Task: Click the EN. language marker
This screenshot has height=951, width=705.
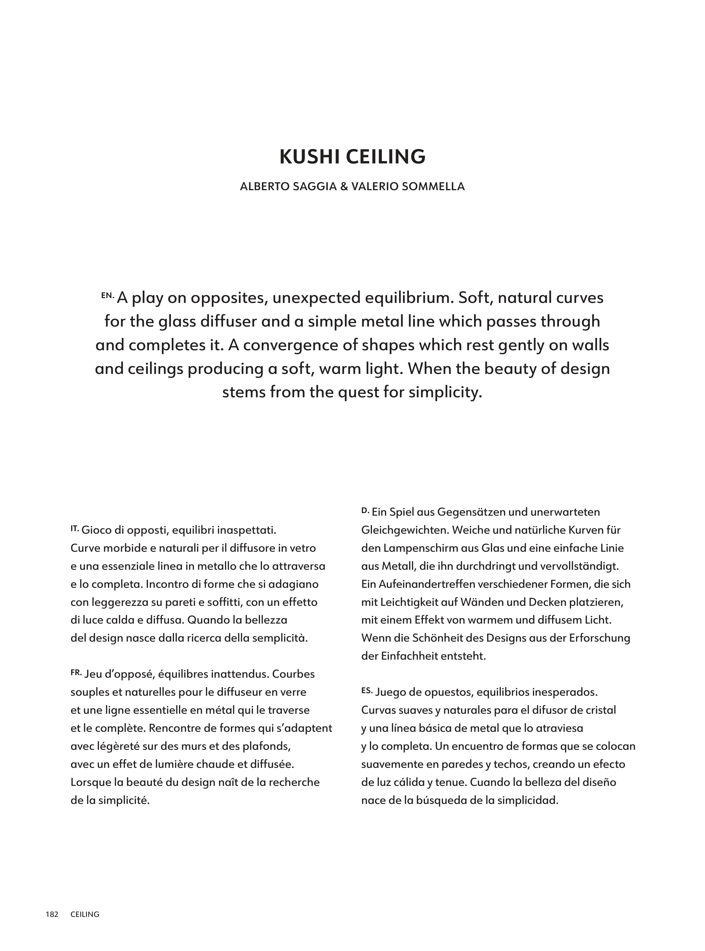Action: [x=107, y=295]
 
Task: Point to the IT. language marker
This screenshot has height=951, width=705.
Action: [x=75, y=528]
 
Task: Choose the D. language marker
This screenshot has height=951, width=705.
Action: [x=365, y=510]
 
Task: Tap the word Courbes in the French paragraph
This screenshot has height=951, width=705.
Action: [x=294, y=674]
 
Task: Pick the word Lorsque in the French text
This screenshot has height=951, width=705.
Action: [x=91, y=782]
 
